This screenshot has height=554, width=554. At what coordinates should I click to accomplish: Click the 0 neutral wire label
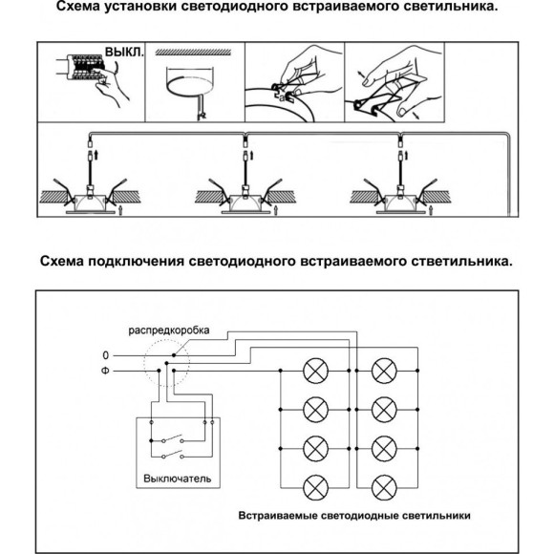pos(105,355)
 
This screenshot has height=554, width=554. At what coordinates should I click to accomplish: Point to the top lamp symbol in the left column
pos(314,370)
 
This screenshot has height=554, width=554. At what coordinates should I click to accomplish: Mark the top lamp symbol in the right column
pos(384,370)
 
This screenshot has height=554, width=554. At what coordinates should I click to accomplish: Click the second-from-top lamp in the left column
pos(314,409)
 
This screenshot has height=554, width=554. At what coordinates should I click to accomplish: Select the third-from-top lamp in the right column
pos(384,447)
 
